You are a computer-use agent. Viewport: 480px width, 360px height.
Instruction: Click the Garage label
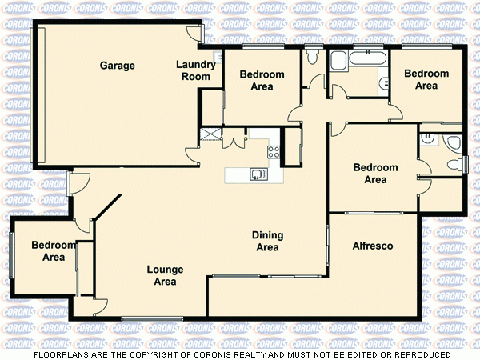coord(117,66)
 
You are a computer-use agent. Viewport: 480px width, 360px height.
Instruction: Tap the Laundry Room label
coord(196,70)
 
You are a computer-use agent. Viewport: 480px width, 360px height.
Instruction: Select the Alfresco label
coord(372,246)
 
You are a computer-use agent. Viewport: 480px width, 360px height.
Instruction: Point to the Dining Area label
coord(266,241)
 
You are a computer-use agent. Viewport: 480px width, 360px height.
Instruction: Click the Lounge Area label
coord(165,275)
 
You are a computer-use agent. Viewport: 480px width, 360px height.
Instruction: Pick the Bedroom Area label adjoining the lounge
coord(54,251)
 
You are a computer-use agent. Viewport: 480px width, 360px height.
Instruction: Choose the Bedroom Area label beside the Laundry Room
coord(262,80)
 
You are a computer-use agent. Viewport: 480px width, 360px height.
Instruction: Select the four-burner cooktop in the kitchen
coord(273,151)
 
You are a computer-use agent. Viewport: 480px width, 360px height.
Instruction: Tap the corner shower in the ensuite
coord(453,142)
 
